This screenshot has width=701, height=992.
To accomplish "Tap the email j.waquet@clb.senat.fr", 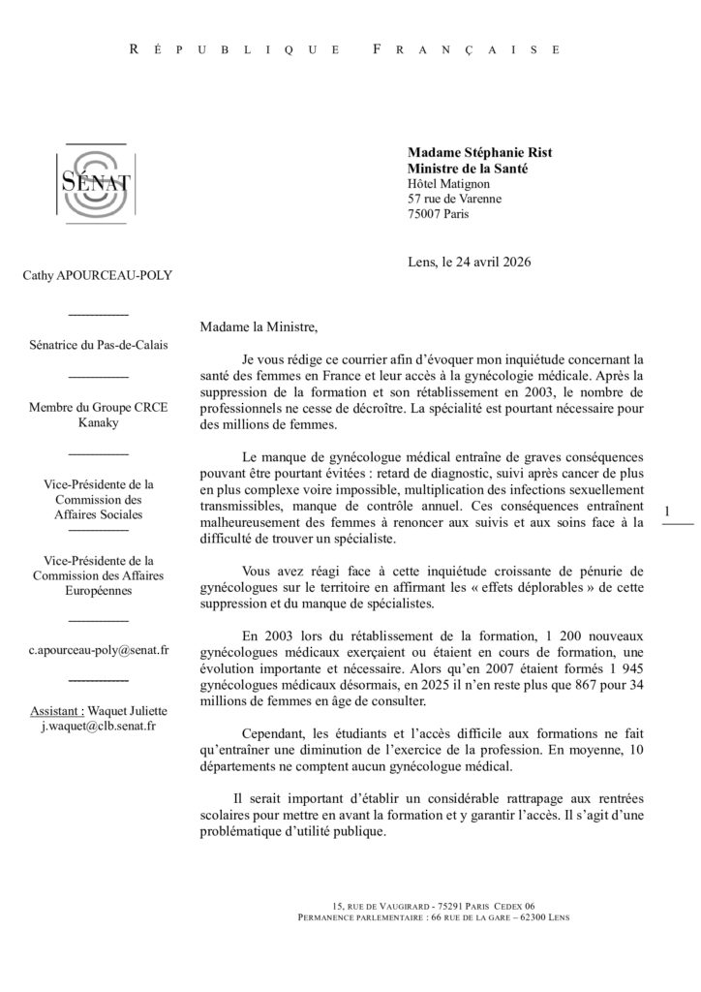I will [98, 724].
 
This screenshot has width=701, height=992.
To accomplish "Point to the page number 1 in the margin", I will [667, 511].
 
